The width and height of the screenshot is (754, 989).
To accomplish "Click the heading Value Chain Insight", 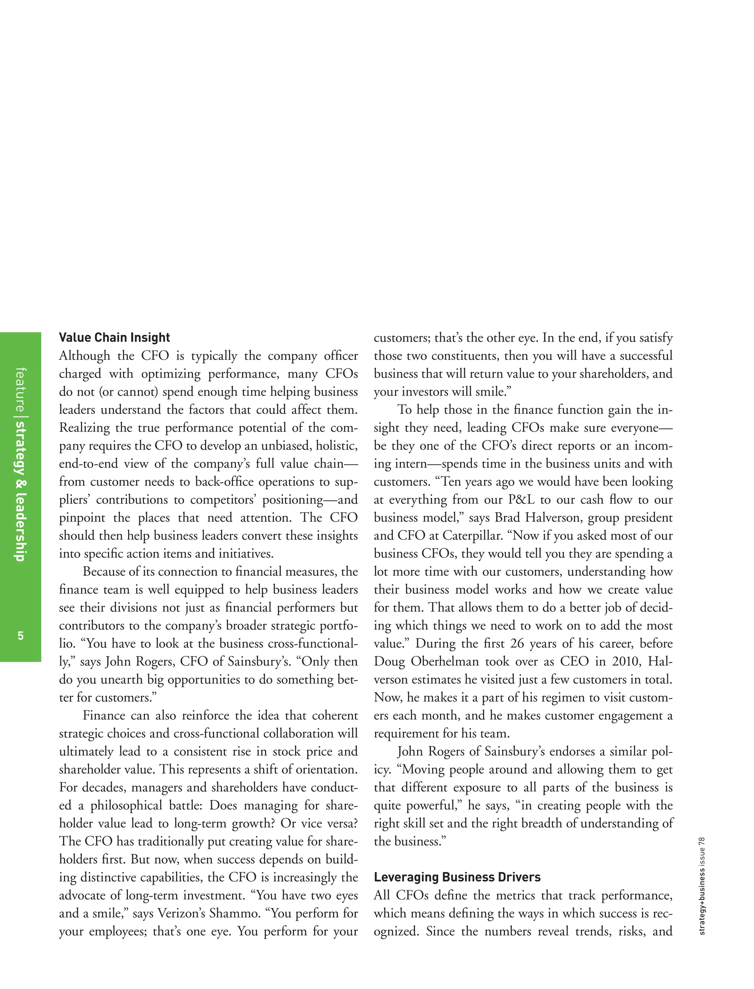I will [x=114, y=337].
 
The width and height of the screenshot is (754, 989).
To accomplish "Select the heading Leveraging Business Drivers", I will [x=457, y=877].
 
